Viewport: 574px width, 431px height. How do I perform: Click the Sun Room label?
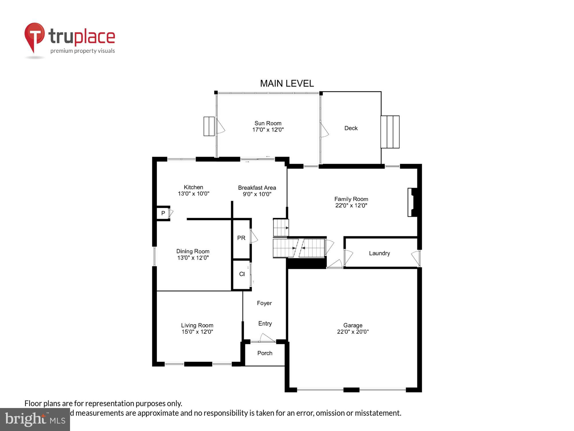click(268, 123)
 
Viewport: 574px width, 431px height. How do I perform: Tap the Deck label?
click(351, 128)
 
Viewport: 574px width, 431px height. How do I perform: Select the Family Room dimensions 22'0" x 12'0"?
click(351, 205)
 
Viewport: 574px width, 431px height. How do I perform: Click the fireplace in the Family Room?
click(412, 202)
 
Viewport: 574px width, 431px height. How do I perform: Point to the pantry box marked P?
click(163, 213)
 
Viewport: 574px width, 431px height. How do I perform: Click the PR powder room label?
click(241, 238)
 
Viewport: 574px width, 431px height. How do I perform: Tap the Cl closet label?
click(242, 274)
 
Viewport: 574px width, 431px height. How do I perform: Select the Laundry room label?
click(379, 253)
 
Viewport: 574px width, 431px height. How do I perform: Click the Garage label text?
click(353, 325)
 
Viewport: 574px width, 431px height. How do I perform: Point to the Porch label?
click(265, 353)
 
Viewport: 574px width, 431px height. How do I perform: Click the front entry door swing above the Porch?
click(267, 338)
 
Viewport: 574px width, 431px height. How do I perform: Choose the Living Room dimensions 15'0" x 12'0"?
click(197, 332)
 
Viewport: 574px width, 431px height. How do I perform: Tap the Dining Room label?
click(193, 251)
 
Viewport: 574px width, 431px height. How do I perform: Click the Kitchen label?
click(193, 187)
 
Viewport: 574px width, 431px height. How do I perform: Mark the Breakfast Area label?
click(257, 188)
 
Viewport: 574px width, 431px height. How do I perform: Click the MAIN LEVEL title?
click(287, 84)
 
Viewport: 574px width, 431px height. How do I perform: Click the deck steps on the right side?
click(390, 132)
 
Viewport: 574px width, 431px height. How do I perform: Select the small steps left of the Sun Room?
click(209, 126)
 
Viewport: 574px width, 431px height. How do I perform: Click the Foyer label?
click(264, 303)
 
